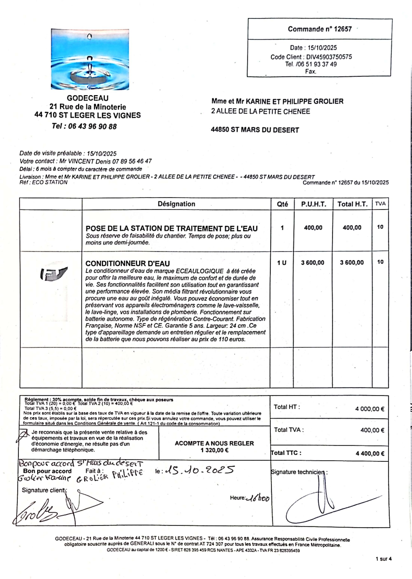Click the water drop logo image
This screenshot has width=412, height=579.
(x=90, y=59)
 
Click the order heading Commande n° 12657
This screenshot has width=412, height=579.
(x=320, y=29)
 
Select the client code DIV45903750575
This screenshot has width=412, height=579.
(x=329, y=57)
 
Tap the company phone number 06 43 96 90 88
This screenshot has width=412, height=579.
(x=92, y=126)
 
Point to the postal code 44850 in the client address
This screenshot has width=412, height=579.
(x=220, y=130)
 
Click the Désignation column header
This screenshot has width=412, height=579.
(x=176, y=204)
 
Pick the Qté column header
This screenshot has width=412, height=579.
(x=282, y=204)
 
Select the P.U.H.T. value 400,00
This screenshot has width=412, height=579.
(x=313, y=228)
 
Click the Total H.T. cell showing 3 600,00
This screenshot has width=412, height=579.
(x=352, y=262)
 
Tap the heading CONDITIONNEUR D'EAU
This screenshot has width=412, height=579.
(x=128, y=263)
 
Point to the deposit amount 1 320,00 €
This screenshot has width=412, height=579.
(x=214, y=450)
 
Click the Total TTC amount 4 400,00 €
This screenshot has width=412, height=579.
(x=370, y=454)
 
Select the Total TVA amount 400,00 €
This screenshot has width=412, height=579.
(x=372, y=430)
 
